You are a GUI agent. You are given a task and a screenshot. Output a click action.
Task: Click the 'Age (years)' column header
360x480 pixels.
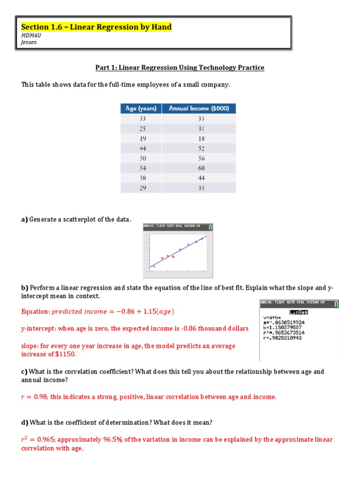tap(141, 108)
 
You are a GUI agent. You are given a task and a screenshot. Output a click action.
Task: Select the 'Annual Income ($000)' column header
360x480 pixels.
tap(199, 108)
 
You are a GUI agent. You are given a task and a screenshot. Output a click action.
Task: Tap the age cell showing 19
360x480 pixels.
tap(142, 138)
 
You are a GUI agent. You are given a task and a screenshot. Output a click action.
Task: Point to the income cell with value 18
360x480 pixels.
tap(201, 138)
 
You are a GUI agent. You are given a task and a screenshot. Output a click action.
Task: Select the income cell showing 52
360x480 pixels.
tap(201, 148)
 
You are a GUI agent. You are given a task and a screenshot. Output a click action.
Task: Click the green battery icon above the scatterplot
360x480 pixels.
tap(210, 227)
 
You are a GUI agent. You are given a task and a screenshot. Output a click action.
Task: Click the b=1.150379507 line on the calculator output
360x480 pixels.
tap(283, 327)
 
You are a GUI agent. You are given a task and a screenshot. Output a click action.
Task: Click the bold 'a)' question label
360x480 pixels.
tap(24, 220)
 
